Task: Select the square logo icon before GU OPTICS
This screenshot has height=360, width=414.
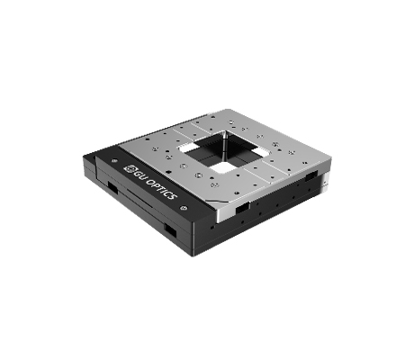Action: click(130, 168)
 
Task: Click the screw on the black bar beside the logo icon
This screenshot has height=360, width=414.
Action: click(113, 161)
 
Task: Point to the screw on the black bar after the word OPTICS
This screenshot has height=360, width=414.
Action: click(184, 208)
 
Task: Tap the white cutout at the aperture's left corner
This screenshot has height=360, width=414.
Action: click(187, 147)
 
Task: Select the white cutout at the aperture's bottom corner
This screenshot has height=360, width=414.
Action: click(222, 167)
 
